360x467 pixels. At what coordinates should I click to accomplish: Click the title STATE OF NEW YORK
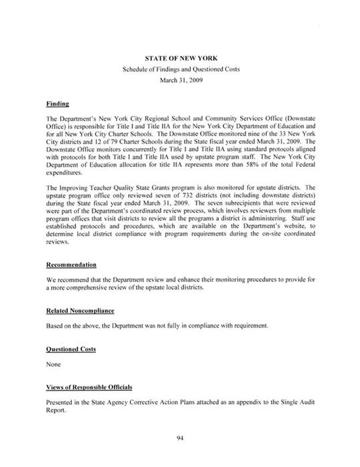pos(180,59)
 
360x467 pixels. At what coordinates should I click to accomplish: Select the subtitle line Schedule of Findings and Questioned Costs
pos(180,70)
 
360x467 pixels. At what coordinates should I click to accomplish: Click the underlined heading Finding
pos(59,105)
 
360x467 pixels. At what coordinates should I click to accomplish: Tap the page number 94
pos(180,438)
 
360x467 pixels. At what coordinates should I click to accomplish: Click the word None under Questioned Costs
pos(55,364)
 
